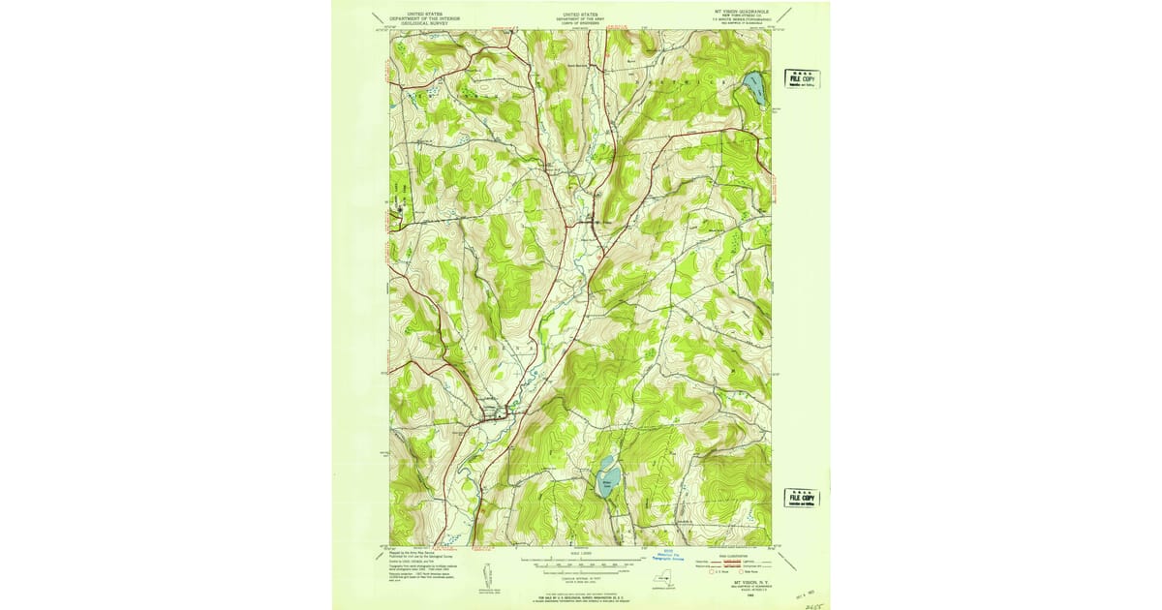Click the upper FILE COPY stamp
point(801,78)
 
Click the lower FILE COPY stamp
point(801,498)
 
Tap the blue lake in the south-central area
point(605,475)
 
